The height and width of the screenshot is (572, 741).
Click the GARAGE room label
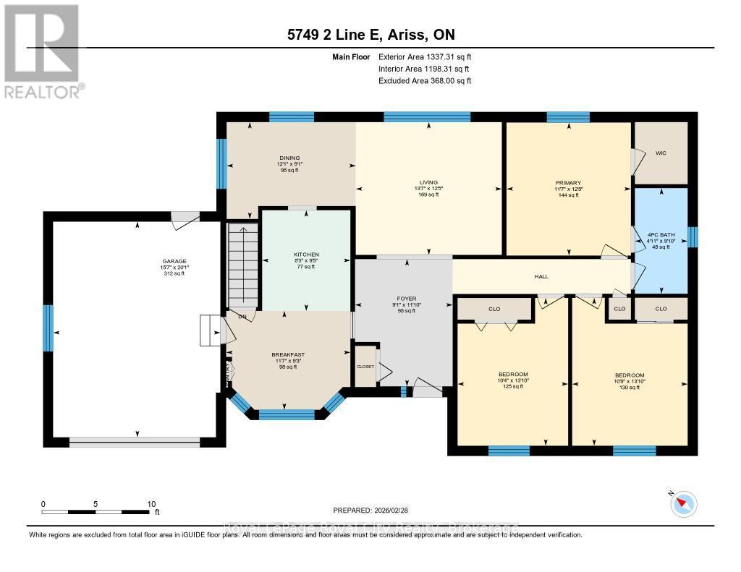(174, 261)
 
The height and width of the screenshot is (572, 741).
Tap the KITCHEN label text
(306, 255)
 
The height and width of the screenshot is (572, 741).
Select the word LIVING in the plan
(428, 182)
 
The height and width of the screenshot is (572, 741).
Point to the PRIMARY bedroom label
(569, 183)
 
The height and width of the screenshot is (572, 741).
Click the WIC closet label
(660, 153)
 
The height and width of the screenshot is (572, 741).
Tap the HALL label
(541, 276)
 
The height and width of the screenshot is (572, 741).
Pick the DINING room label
(290, 158)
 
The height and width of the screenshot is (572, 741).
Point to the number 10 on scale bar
(151, 504)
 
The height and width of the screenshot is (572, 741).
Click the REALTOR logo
(42, 51)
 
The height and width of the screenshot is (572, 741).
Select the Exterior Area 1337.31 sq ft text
(425, 56)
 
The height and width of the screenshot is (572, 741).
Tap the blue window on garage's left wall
(48, 328)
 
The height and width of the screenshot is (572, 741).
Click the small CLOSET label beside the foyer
(365, 367)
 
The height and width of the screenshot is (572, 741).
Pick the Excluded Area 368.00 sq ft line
(425, 81)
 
